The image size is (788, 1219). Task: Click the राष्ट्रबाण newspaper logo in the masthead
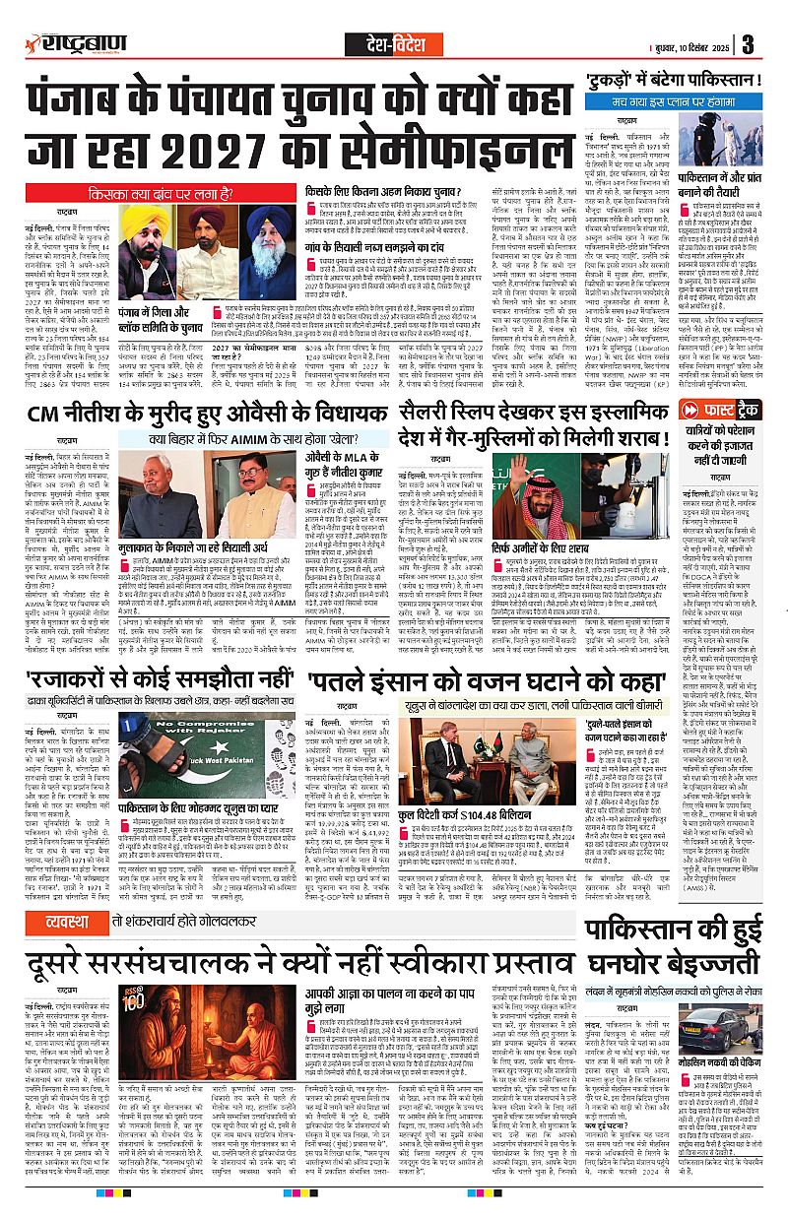point(72,43)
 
